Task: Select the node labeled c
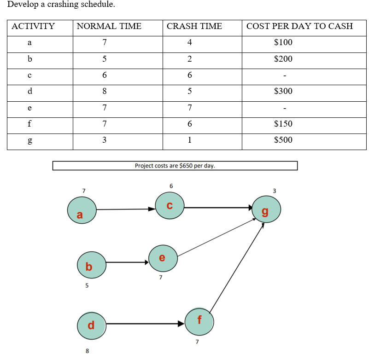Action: (x=170, y=206)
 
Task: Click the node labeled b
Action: (x=92, y=265)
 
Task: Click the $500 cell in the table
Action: (x=283, y=140)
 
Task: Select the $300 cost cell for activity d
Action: (x=283, y=91)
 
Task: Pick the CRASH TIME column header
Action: (x=194, y=26)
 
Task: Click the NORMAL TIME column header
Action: (x=109, y=26)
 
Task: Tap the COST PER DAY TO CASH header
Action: (x=299, y=26)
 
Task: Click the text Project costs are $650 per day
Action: (x=175, y=166)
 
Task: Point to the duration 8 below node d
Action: (x=87, y=351)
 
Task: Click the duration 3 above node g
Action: (x=274, y=190)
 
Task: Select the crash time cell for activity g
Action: (x=190, y=140)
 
